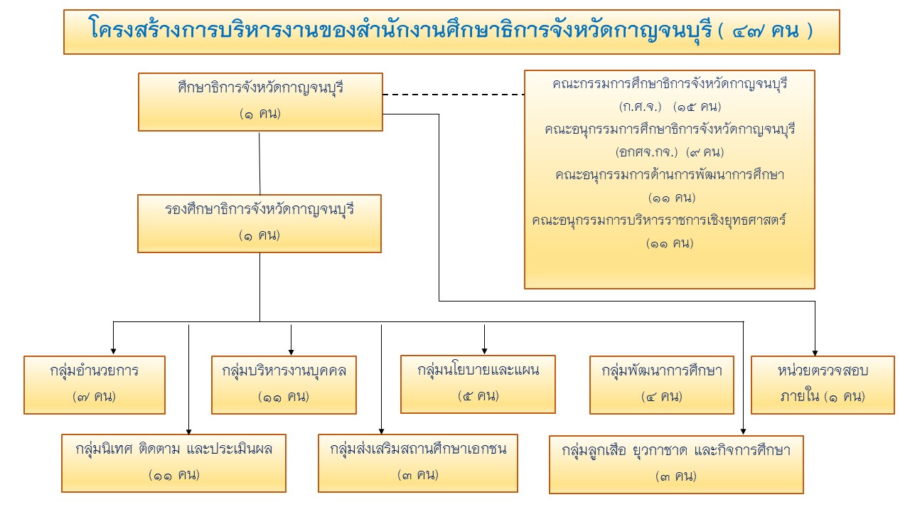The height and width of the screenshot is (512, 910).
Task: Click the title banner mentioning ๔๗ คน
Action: (x=451, y=31)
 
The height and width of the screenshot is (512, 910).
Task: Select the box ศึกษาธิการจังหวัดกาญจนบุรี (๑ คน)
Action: (x=260, y=102)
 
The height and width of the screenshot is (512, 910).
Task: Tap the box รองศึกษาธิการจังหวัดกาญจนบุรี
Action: (x=260, y=223)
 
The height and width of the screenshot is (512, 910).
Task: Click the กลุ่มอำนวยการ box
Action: (x=95, y=384)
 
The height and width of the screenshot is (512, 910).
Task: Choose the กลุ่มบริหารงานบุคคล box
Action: (x=284, y=384)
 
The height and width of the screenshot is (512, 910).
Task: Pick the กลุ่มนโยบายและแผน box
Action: (x=477, y=383)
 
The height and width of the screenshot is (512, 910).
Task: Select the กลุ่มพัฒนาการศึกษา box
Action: (x=662, y=384)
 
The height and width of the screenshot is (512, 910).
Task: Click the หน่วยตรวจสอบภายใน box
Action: (x=823, y=384)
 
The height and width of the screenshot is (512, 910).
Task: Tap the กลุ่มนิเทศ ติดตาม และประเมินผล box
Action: (x=173, y=462)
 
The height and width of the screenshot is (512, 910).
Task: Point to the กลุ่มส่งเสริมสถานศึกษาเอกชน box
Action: (x=418, y=462)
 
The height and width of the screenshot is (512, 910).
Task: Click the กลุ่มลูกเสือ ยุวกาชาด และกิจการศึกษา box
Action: (x=676, y=464)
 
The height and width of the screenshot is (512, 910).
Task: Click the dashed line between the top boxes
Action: (x=453, y=94)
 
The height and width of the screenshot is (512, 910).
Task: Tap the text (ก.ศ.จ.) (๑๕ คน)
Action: (x=670, y=107)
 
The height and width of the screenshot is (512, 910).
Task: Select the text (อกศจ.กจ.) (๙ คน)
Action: (x=670, y=152)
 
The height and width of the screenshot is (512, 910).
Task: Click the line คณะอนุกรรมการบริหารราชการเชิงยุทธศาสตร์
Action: (x=658, y=220)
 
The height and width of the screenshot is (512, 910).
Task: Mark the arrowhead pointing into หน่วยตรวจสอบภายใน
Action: (x=815, y=351)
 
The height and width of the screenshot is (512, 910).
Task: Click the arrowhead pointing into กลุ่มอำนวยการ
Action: (x=114, y=351)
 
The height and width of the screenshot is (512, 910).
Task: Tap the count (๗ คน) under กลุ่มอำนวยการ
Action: (x=95, y=396)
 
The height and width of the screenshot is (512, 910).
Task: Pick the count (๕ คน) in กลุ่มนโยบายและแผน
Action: (x=477, y=395)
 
